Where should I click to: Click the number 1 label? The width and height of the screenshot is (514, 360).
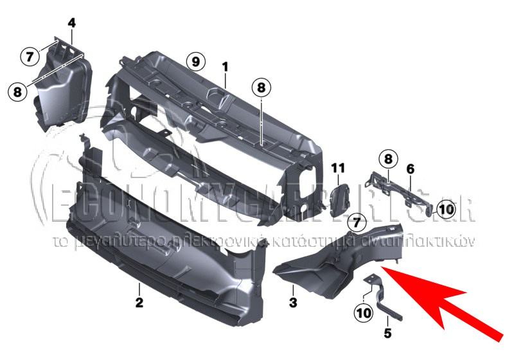pos(226,66)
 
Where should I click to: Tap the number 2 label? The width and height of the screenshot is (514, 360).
pos(139,301)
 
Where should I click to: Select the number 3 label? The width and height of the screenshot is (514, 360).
pos(292,301)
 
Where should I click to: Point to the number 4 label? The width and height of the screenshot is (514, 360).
pos(71,23)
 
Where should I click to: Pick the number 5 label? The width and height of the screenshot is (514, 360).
pos(387,333)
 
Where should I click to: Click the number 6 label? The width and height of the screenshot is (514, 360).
pos(410,168)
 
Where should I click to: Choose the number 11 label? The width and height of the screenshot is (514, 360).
pos(339,168)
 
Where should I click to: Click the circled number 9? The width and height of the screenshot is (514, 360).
pos(196,62)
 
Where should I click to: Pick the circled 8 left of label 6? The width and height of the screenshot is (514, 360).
pos(388,158)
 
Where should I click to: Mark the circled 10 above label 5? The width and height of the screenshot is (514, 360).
pos(363,313)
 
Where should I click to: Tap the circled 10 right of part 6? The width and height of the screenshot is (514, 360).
pos(446,208)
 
